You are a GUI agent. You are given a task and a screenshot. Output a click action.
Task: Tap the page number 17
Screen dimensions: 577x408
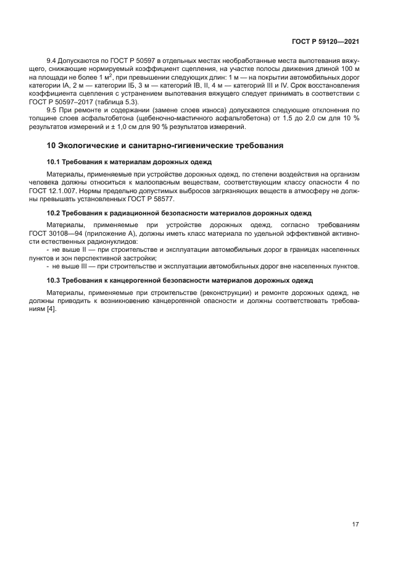click(x=356, y=525)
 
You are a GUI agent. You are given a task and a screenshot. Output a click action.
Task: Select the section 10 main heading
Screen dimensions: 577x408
click(x=165, y=146)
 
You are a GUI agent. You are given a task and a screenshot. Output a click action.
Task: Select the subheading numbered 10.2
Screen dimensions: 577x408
click(x=179, y=213)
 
